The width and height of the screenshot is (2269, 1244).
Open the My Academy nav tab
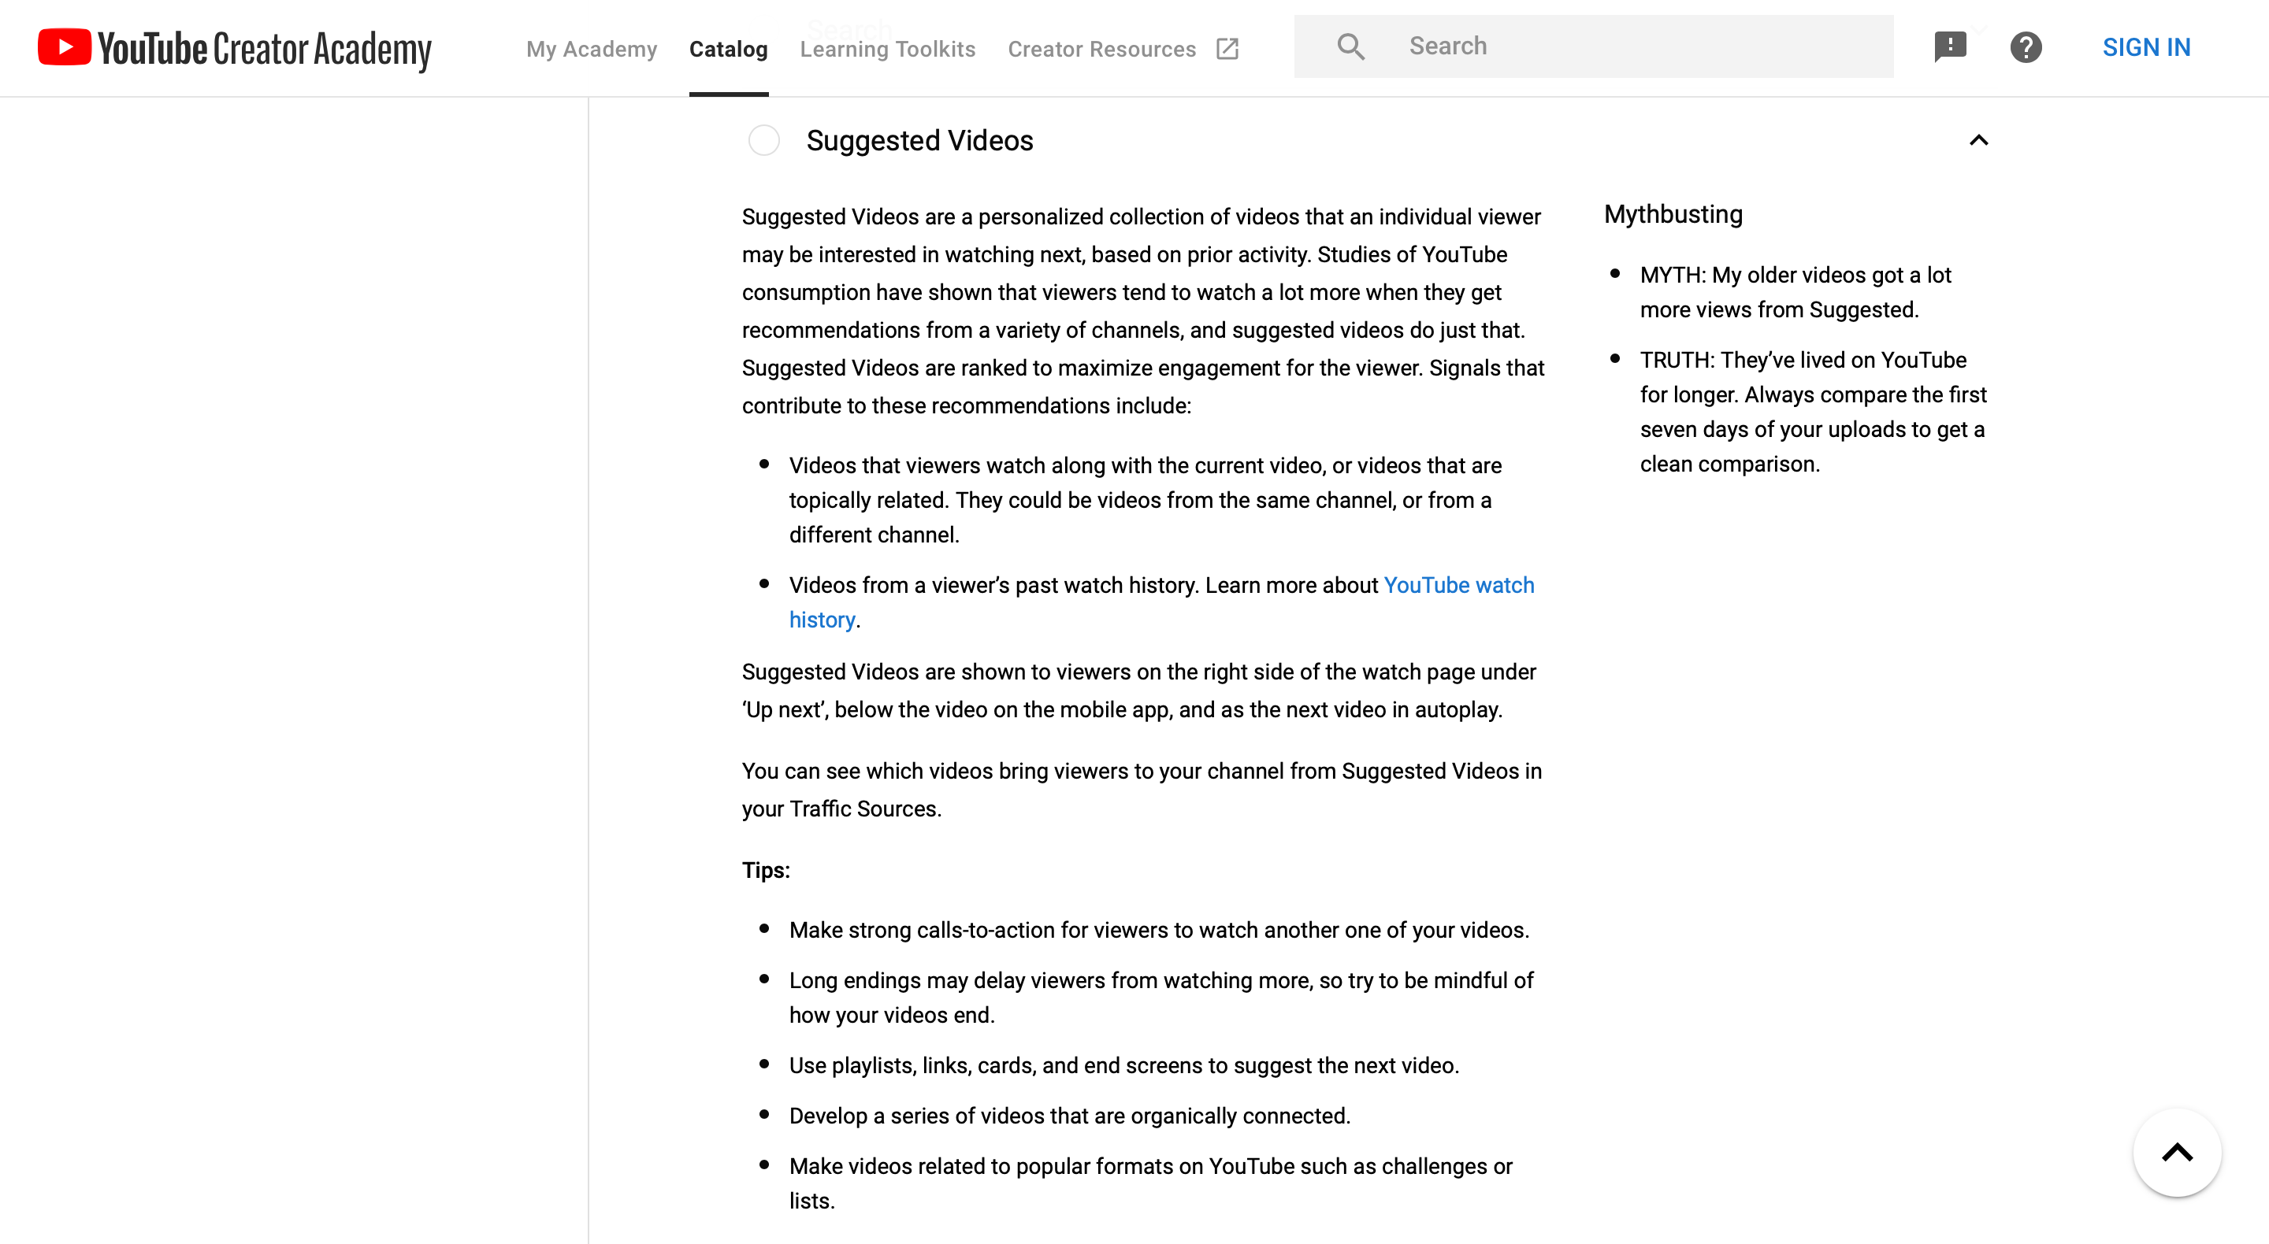(x=591, y=50)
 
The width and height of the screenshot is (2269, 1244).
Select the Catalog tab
(x=727, y=50)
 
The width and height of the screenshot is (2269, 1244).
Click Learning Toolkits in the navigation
(x=887, y=50)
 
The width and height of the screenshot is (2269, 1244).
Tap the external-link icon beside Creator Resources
(x=1227, y=50)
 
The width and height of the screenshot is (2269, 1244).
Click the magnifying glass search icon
(x=1350, y=46)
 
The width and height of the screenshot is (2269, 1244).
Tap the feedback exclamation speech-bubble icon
(x=1949, y=46)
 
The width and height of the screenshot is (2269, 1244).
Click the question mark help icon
(x=2025, y=47)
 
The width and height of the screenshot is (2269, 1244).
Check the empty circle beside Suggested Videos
(x=763, y=141)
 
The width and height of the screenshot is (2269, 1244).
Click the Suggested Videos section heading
(x=919, y=141)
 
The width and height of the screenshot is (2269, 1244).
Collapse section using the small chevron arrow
(x=1978, y=141)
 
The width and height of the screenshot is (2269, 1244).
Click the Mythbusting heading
(x=1673, y=215)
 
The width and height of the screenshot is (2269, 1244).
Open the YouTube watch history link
(x=1458, y=586)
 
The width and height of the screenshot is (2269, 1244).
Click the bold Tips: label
(x=766, y=871)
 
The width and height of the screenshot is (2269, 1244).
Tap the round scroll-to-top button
(x=2177, y=1153)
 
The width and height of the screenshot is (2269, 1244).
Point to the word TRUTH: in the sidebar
(x=1677, y=361)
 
